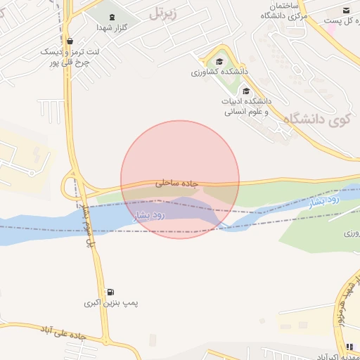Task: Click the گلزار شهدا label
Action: coord(111,27)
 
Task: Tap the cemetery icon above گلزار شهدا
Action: coord(112,15)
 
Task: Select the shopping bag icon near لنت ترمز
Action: coord(68,41)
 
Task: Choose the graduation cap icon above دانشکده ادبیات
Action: coord(245,91)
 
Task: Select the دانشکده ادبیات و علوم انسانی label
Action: coord(247,106)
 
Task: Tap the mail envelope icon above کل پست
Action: coord(346,10)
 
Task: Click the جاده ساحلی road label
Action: coord(177,184)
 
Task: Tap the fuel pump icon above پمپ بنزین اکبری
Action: coord(110,292)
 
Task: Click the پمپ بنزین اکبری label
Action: coord(111,303)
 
